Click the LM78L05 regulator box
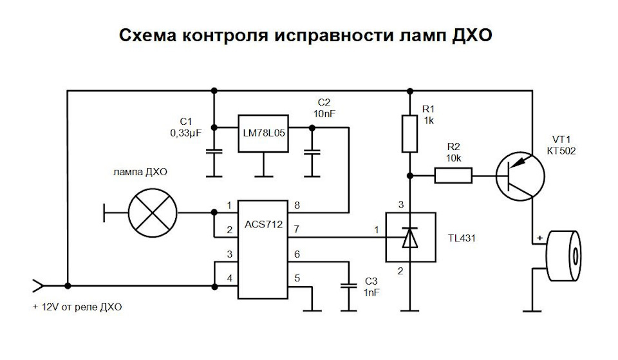[263, 134]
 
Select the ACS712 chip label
[264, 224]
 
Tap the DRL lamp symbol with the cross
[153, 213]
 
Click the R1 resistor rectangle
[409, 134]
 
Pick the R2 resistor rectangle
[453, 175]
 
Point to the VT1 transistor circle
[520, 176]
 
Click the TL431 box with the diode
[410, 238]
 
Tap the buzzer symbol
[563, 256]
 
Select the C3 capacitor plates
[348, 286]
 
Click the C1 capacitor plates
[214, 152]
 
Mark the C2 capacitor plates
[312, 152]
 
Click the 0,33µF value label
[185, 133]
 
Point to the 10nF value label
[324, 113]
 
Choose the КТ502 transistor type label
[561, 151]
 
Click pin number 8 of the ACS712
[297, 205]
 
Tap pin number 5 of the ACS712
[297, 278]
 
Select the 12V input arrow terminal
[38, 286]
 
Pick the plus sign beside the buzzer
[539, 238]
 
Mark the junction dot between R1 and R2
[410, 176]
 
